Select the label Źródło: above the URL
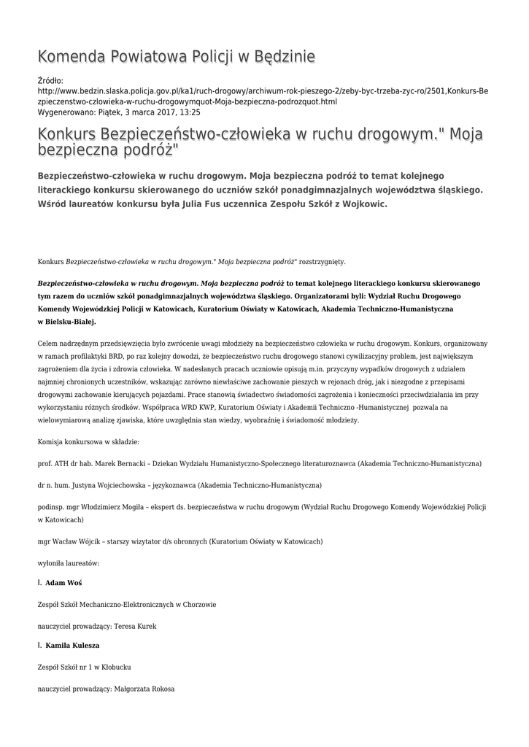pos(50,80)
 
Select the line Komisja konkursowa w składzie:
pos(88,442)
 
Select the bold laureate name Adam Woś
pos(63,583)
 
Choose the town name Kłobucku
pos(115,667)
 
